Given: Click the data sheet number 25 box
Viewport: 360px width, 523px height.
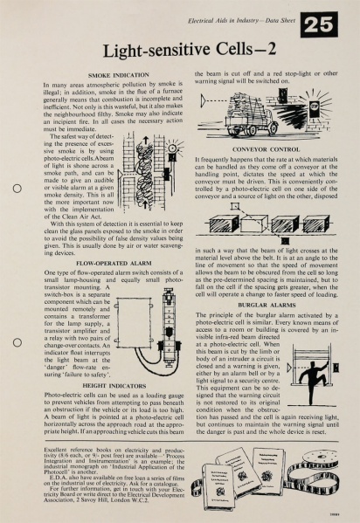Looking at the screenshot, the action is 319,24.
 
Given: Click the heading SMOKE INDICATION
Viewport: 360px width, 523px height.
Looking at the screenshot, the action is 119,75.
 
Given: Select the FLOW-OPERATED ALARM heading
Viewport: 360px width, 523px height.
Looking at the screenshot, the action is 114,263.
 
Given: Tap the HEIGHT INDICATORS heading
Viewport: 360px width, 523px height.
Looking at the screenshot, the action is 114,386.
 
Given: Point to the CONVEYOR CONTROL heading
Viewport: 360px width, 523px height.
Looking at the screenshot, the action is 267,149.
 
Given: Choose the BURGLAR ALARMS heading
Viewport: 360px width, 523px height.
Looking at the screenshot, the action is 267,305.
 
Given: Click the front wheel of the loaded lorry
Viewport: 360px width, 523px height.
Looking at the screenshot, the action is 273,127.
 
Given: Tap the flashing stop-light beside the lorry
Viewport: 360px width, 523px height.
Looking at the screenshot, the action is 315,107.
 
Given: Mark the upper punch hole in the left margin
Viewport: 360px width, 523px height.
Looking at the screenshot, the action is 17,189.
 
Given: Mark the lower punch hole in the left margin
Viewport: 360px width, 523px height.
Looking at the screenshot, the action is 17,342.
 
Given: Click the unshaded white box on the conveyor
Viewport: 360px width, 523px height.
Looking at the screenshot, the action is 254,224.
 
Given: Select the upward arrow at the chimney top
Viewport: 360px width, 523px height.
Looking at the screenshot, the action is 146,141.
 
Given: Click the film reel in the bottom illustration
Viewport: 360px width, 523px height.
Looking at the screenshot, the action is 319,458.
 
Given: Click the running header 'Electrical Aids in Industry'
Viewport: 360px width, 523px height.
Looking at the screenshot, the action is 224,21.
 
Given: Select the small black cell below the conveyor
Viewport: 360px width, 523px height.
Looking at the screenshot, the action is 285,240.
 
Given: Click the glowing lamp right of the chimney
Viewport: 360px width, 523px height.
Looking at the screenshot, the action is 172,148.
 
